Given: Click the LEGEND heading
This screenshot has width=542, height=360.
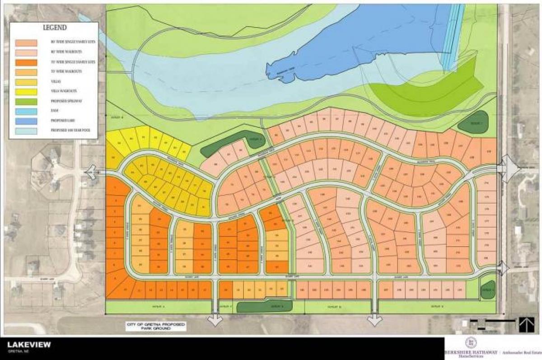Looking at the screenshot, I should (x=55, y=28).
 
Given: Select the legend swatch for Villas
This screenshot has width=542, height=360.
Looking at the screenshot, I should (x=26, y=83).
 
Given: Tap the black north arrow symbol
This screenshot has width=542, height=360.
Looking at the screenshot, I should (x=525, y=324).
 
